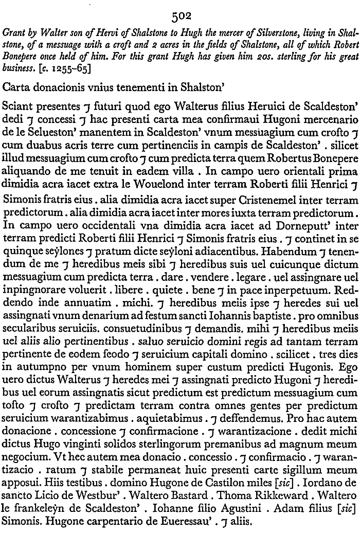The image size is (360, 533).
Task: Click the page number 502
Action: pos(179,16)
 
